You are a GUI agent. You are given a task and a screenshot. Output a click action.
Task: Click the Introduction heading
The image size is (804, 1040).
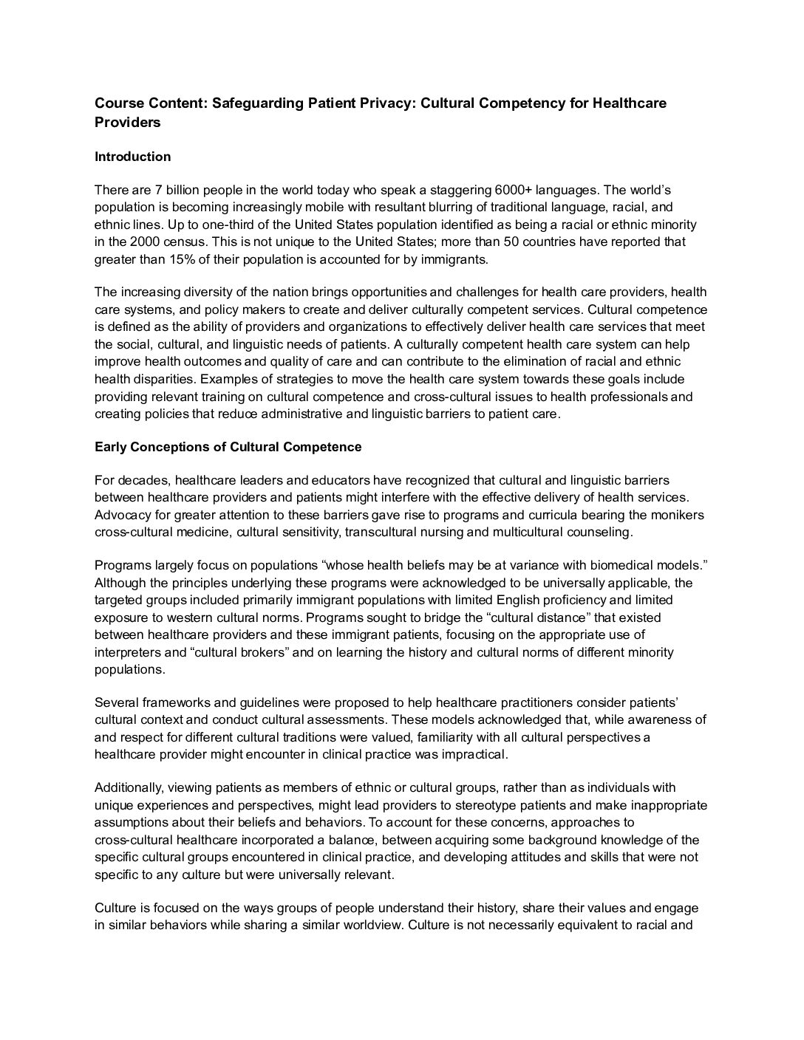(132, 157)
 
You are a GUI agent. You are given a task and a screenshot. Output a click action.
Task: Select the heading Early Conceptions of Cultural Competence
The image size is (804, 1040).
(228, 447)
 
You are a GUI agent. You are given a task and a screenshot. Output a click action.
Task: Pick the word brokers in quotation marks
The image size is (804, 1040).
(263, 652)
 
